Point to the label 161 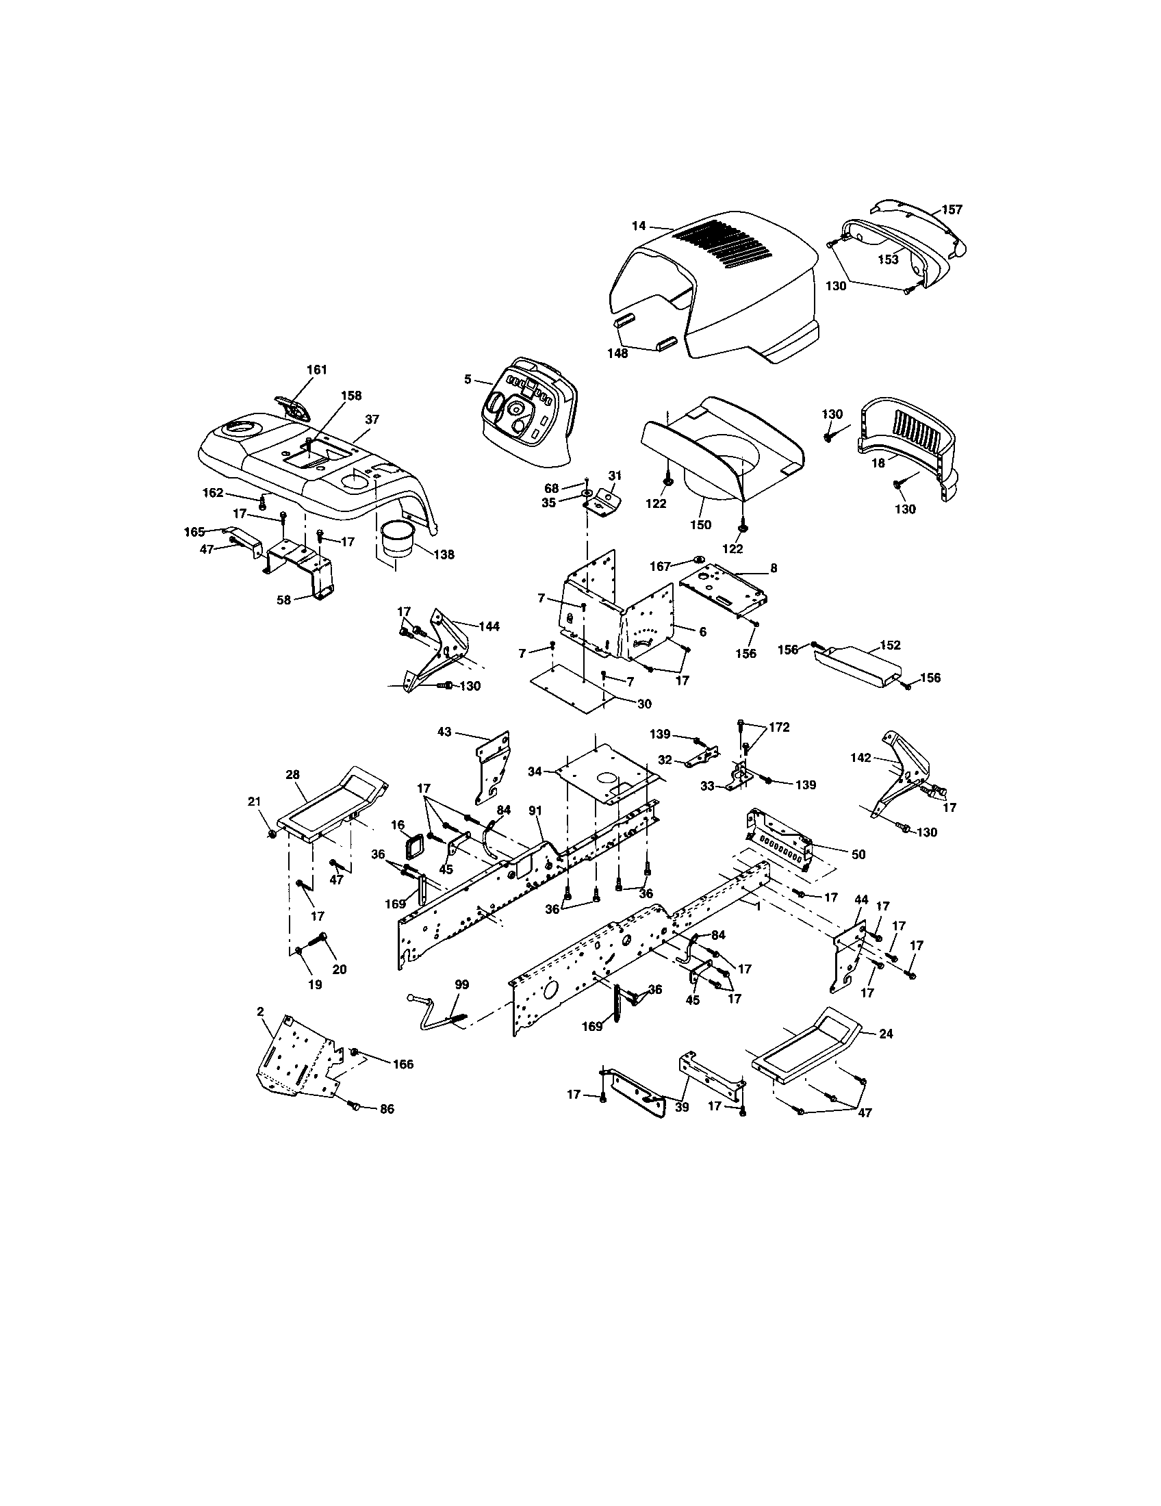tap(316, 370)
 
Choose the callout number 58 tap(284, 600)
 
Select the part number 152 tap(890, 645)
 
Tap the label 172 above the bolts tap(779, 727)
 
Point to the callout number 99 tap(461, 984)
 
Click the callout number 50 tap(858, 854)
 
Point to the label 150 tap(700, 525)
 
